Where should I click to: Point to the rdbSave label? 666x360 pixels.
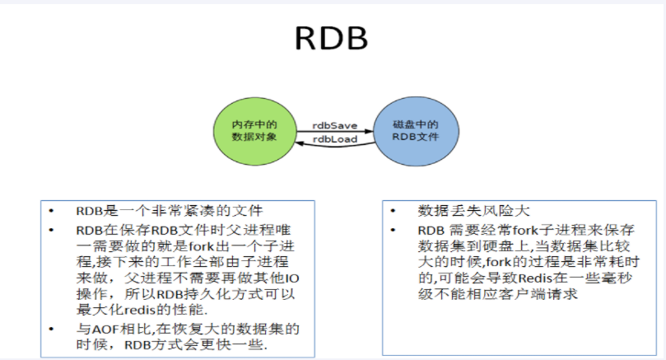[x=334, y=124]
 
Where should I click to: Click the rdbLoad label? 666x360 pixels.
[x=334, y=139]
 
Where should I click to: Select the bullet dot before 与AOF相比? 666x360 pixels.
[x=54, y=329]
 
